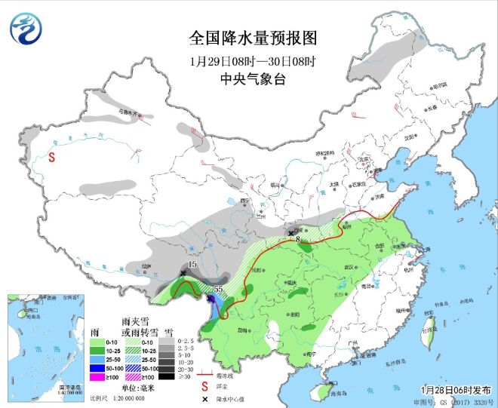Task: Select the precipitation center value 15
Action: pyautogui.click(x=192, y=265)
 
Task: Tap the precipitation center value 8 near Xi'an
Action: pyautogui.click(x=298, y=240)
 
